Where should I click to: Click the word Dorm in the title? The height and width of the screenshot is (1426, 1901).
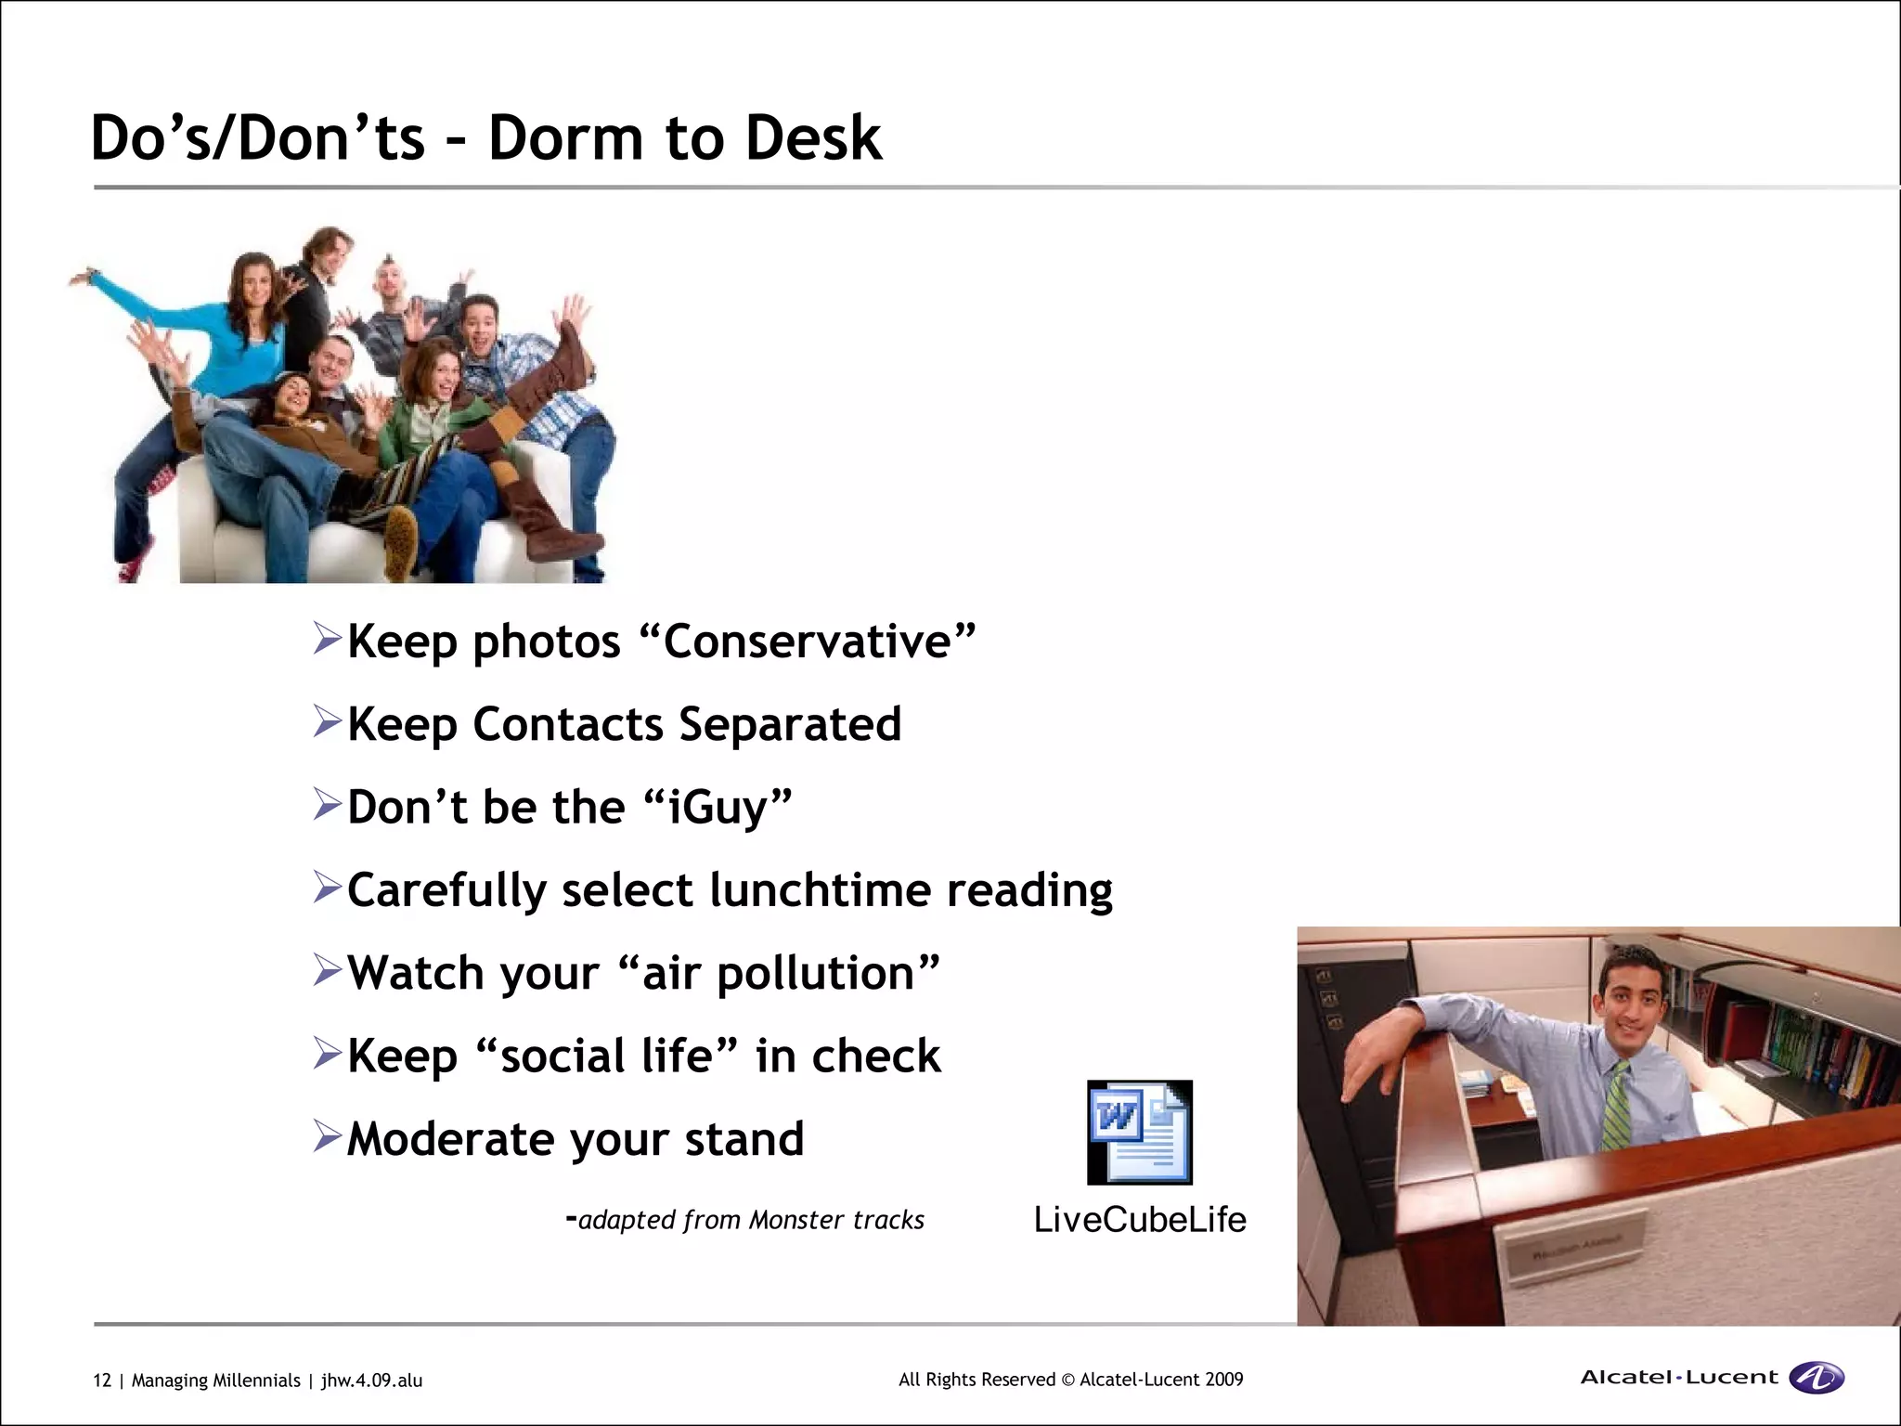tap(565, 139)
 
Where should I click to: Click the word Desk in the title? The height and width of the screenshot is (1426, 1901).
tap(813, 139)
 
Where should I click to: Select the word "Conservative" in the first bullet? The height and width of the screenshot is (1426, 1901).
tap(808, 642)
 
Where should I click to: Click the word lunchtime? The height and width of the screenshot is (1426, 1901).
tap(820, 890)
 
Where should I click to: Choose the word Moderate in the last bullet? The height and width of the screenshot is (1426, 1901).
tap(450, 1139)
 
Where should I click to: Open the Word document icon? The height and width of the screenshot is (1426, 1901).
tap(1139, 1133)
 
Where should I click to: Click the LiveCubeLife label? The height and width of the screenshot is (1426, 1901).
tap(1140, 1220)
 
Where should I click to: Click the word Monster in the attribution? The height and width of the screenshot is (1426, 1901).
tap(789, 1220)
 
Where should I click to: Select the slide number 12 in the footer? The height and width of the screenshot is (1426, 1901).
tap(101, 1381)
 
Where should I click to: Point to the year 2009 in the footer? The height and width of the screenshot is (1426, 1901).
tap(1223, 1380)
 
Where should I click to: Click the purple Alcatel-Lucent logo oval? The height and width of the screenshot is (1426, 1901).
tap(1817, 1378)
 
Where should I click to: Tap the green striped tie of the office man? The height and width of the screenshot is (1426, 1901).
tap(1617, 1105)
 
